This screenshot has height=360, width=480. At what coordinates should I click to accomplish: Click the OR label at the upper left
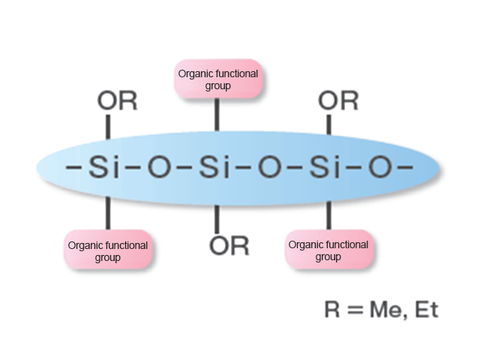pyautogui.click(x=118, y=101)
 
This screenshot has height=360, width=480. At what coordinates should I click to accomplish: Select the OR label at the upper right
pyautogui.click(x=338, y=101)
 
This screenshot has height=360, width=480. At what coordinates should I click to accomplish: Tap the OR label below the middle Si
pyautogui.click(x=229, y=245)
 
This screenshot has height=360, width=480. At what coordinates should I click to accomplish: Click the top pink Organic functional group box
pyautogui.click(x=217, y=79)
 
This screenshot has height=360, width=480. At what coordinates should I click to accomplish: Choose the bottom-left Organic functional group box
pyautogui.click(x=108, y=250)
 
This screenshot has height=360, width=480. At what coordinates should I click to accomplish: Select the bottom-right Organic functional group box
pyautogui.click(x=328, y=250)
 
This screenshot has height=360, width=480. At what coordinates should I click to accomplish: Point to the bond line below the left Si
pyautogui.click(x=107, y=212)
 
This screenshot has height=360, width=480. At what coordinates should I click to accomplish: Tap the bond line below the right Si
pyautogui.click(x=328, y=212)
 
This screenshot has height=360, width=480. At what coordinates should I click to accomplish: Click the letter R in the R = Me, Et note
pyautogui.click(x=332, y=310)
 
